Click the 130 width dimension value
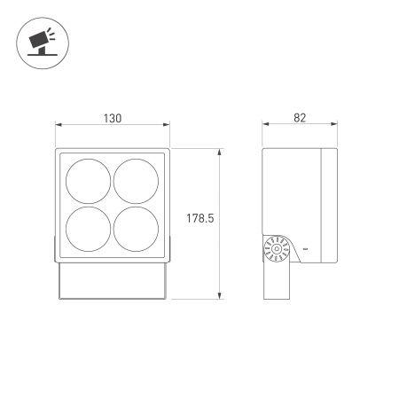(111, 118)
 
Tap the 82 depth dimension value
(301, 118)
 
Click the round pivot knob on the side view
(277, 251)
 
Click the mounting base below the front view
(111, 281)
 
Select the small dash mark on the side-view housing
(305, 251)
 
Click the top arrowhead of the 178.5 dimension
(219, 152)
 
